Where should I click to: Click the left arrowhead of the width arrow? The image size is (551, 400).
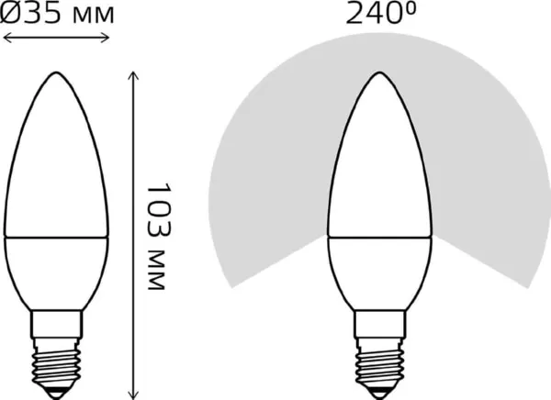(6, 38)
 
